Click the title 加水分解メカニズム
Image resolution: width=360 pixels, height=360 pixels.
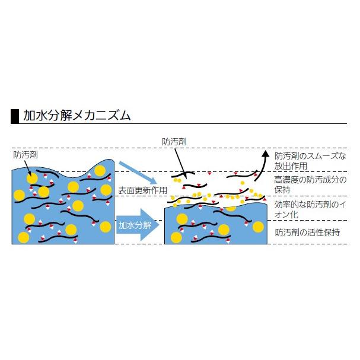click(x=77, y=115)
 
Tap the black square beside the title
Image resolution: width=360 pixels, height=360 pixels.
click(x=15, y=116)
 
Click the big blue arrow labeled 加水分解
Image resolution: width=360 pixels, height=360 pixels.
click(x=138, y=225)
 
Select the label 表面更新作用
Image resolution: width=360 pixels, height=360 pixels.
click(x=142, y=190)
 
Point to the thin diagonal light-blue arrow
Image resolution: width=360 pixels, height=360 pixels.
click(x=138, y=173)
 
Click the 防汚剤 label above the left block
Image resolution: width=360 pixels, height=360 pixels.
click(x=26, y=155)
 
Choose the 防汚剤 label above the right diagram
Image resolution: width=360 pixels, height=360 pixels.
click(x=174, y=142)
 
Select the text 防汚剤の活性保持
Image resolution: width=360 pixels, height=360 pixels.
click(x=307, y=232)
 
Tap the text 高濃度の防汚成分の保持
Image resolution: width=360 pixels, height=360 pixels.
click(x=310, y=184)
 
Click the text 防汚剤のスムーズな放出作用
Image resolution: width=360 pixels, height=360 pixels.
click(x=310, y=161)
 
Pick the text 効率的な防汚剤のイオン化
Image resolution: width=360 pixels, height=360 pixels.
click(x=310, y=209)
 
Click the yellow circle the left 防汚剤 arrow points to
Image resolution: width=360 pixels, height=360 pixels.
click(x=32, y=179)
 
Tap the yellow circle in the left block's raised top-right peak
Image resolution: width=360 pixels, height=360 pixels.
click(x=100, y=171)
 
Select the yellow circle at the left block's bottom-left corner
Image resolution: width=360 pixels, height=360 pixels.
click(x=23, y=238)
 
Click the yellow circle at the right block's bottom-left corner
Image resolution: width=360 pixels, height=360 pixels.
click(x=176, y=237)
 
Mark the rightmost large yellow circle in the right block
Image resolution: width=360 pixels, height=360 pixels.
click(x=259, y=227)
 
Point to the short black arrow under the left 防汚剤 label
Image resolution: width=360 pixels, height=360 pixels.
click(x=27, y=167)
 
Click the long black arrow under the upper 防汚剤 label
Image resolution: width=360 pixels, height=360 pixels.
click(x=180, y=163)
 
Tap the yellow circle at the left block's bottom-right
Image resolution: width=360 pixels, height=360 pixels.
click(x=106, y=227)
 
